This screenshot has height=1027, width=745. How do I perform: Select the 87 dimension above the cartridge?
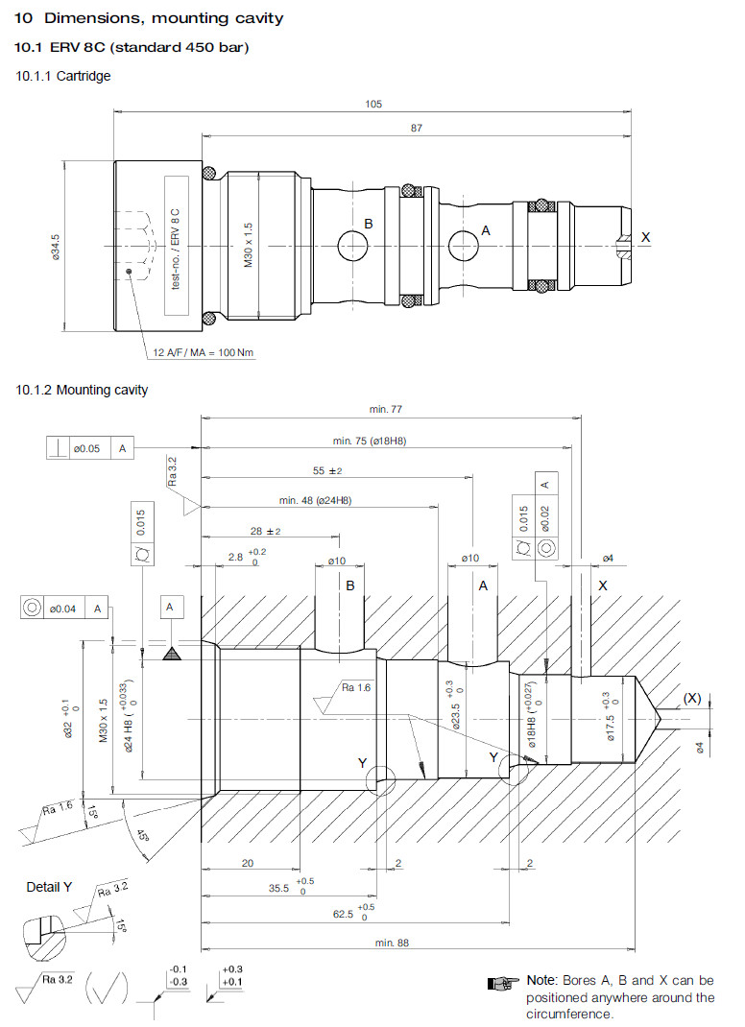[x=416, y=128]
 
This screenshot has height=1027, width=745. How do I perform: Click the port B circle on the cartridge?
[x=352, y=247]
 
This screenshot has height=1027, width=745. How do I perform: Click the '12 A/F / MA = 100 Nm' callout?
[x=204, y=352]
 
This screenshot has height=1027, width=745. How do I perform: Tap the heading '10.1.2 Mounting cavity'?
[x=83, y=390]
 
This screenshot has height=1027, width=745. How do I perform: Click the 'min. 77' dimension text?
[x=385, y=410]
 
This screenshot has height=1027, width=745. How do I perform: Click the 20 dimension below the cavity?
[x=247, y=863]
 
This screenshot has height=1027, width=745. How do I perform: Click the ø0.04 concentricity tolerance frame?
[x=63, y=607]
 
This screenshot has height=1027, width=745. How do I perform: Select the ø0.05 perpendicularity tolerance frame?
[x=89, y=447]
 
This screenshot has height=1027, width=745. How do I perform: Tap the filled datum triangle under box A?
[x=171, y=653]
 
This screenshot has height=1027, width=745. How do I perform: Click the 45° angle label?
[x=141, y=834]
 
